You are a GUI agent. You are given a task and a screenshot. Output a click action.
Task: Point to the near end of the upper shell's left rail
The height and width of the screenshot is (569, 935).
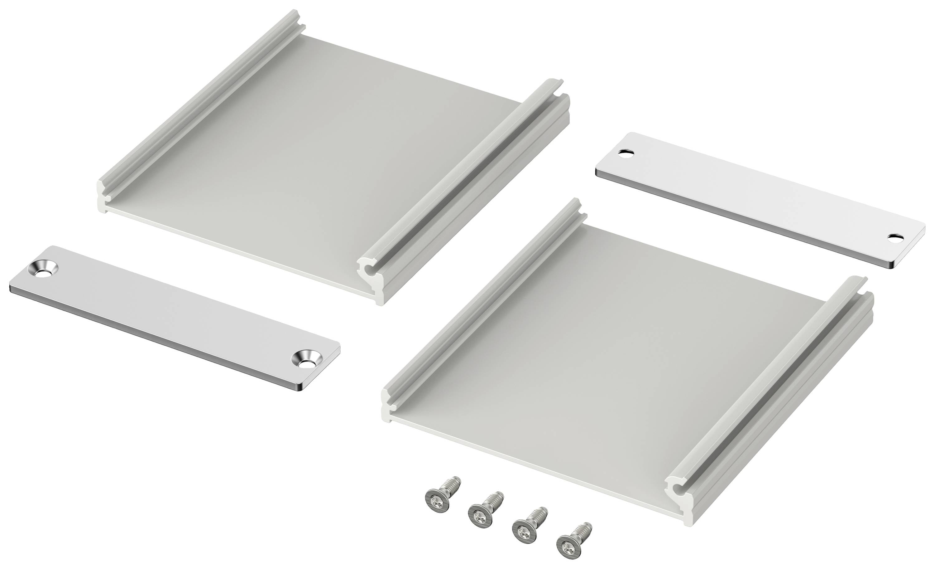pos(104,194)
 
